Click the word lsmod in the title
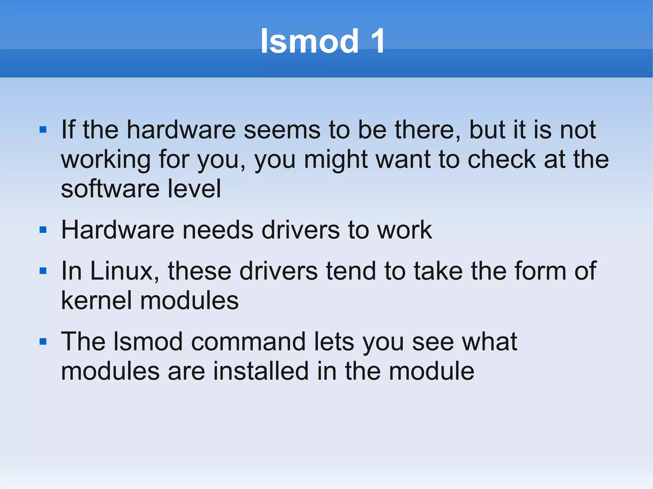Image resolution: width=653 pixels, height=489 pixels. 309,41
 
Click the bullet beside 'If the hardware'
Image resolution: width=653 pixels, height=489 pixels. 43,130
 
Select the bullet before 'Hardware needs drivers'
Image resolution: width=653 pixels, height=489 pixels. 43,230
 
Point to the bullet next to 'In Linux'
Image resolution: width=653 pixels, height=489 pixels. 43,271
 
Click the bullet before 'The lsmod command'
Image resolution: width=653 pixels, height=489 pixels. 43,342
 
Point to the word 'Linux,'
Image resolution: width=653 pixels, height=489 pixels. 124,271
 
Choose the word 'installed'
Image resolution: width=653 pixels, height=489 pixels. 261,371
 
